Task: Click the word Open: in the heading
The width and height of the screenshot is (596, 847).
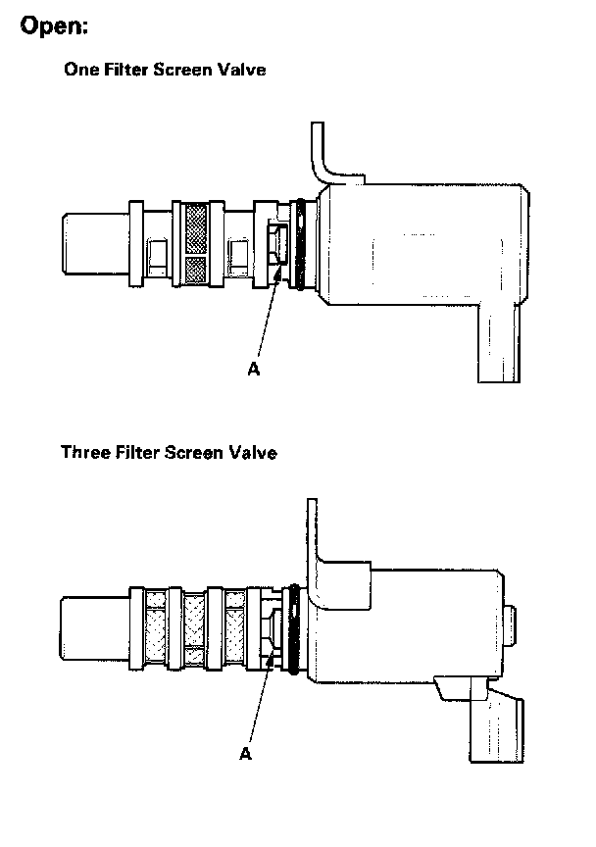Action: (55, 27)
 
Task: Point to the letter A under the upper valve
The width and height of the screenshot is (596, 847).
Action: (254, 370)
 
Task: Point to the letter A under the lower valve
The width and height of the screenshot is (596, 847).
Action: (245, 753)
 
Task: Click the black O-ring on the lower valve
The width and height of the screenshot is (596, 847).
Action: (291, 629)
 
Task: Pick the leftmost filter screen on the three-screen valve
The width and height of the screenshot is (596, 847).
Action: (156, 630)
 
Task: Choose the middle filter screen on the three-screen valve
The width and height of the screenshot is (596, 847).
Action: (195, 630)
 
